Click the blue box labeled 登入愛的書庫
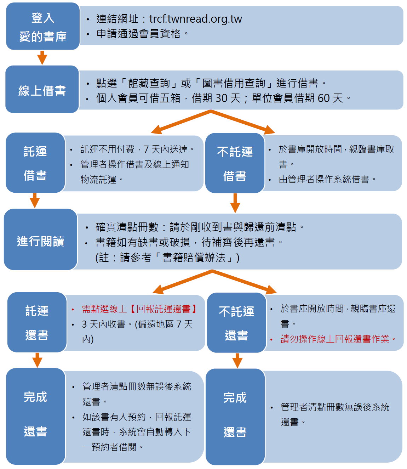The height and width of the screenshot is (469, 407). pyautogui.click(x=43, y=26)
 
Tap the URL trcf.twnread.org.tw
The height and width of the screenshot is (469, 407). pyautogui.click(x=195, y=19)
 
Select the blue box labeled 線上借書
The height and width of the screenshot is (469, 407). pyautogui.click(x=42, y=89)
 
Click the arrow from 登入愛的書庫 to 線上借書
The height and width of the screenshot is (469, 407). pyautogui.click(x=42, y=57)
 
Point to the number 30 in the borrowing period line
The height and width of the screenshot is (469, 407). pyautogui.click(x=222, y=98)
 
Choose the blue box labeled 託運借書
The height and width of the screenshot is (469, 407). pyautogui.click(x=35, y=163)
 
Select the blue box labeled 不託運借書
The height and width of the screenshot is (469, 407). pyautogui.click(x=235, y=163)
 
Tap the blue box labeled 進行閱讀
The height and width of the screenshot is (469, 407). pyautogui.click(x=41, y=239)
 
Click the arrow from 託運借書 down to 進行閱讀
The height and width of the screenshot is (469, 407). pyautogui.click(x=35, y=200)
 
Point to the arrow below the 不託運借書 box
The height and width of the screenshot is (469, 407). pyautogui.click(x=235, y=203)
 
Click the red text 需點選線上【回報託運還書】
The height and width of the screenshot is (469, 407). pyautogui.click(x=139, y=309)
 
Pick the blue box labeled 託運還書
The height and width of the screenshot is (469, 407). pyautogui.click(x=37, y=322)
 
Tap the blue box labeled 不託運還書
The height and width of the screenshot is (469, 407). pyautogui.click(x=237, y=322)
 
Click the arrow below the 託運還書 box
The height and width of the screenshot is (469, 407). pyautogui.click(x=37, y=360)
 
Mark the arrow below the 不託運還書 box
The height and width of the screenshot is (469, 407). pyautogui.click(x=237, y=361)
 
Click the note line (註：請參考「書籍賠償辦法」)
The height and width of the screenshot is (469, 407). pyautogui.click(x=167, y=257)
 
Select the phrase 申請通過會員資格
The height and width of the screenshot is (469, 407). pyautogui.click(x=138, y=34)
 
